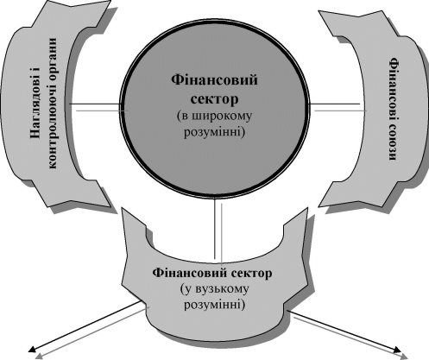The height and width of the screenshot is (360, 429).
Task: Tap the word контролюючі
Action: pos(53,126)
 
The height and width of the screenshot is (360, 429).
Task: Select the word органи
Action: pos(52,59)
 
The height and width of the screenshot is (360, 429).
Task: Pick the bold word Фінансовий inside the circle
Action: pos(215,79)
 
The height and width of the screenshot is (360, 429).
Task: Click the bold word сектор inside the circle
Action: pos(214,99)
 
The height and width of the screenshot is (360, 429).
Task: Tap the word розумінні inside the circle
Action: pos(214,133)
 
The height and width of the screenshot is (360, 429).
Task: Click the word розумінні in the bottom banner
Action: pos(215,305)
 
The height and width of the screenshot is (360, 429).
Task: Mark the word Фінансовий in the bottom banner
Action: pos(190,273)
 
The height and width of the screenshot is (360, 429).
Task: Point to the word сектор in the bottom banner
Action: pos(251,273)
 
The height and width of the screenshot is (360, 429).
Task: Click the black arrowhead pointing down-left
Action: pos(32,349)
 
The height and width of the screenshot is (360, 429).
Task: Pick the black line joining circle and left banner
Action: pos(95,104)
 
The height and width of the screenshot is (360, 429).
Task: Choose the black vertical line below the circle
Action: pos(215,228)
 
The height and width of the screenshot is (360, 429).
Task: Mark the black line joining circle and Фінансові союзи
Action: pos(335,104)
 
